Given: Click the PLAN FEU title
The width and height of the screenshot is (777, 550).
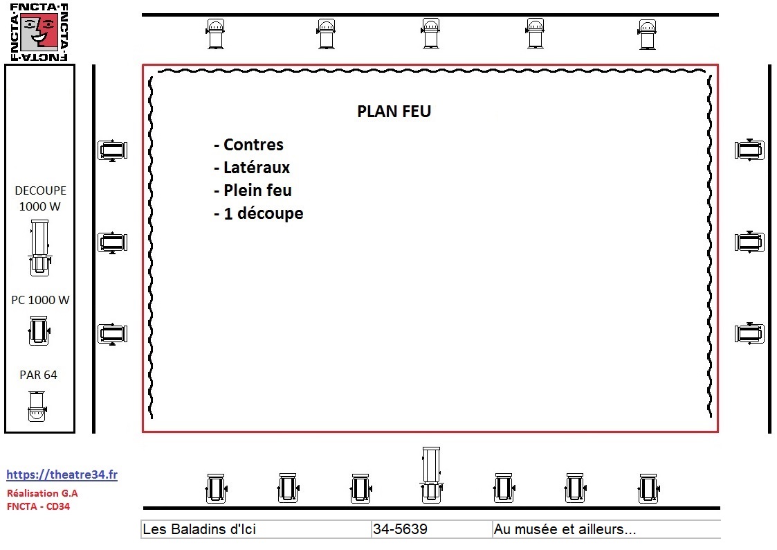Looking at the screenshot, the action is coord(394,111).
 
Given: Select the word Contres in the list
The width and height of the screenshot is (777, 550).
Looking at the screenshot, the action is coord(253,145).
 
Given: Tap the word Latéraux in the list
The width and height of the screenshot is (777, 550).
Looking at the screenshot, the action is coord(257,168).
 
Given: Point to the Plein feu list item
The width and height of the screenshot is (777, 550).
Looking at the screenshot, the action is coord(253,190).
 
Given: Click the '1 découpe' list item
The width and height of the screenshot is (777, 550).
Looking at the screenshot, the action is coord(258,214).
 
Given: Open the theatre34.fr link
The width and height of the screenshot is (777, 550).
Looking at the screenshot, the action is coord(62,474).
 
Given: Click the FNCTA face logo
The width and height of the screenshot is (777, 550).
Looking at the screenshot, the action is coord(39,33).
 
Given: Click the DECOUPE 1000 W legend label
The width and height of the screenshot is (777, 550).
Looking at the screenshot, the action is coord(40,198).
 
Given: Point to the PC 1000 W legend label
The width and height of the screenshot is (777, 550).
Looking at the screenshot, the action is coord(40,300).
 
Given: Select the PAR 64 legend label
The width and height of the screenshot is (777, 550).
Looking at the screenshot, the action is coord(38,375).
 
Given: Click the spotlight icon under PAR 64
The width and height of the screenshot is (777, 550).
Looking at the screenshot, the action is coord(37,406).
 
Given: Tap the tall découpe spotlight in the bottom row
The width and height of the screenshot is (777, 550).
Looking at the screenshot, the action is coord(431,475).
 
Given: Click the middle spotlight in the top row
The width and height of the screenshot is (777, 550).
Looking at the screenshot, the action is coord(430,33).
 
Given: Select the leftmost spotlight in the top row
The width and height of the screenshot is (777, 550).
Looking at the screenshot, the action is coord(215,34).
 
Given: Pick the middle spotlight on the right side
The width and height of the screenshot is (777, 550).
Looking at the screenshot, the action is coord(749,242).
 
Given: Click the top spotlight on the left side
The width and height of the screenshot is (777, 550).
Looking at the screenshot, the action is coord(113,150).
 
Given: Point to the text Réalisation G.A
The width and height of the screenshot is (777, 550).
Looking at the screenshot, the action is coord(42,493).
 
